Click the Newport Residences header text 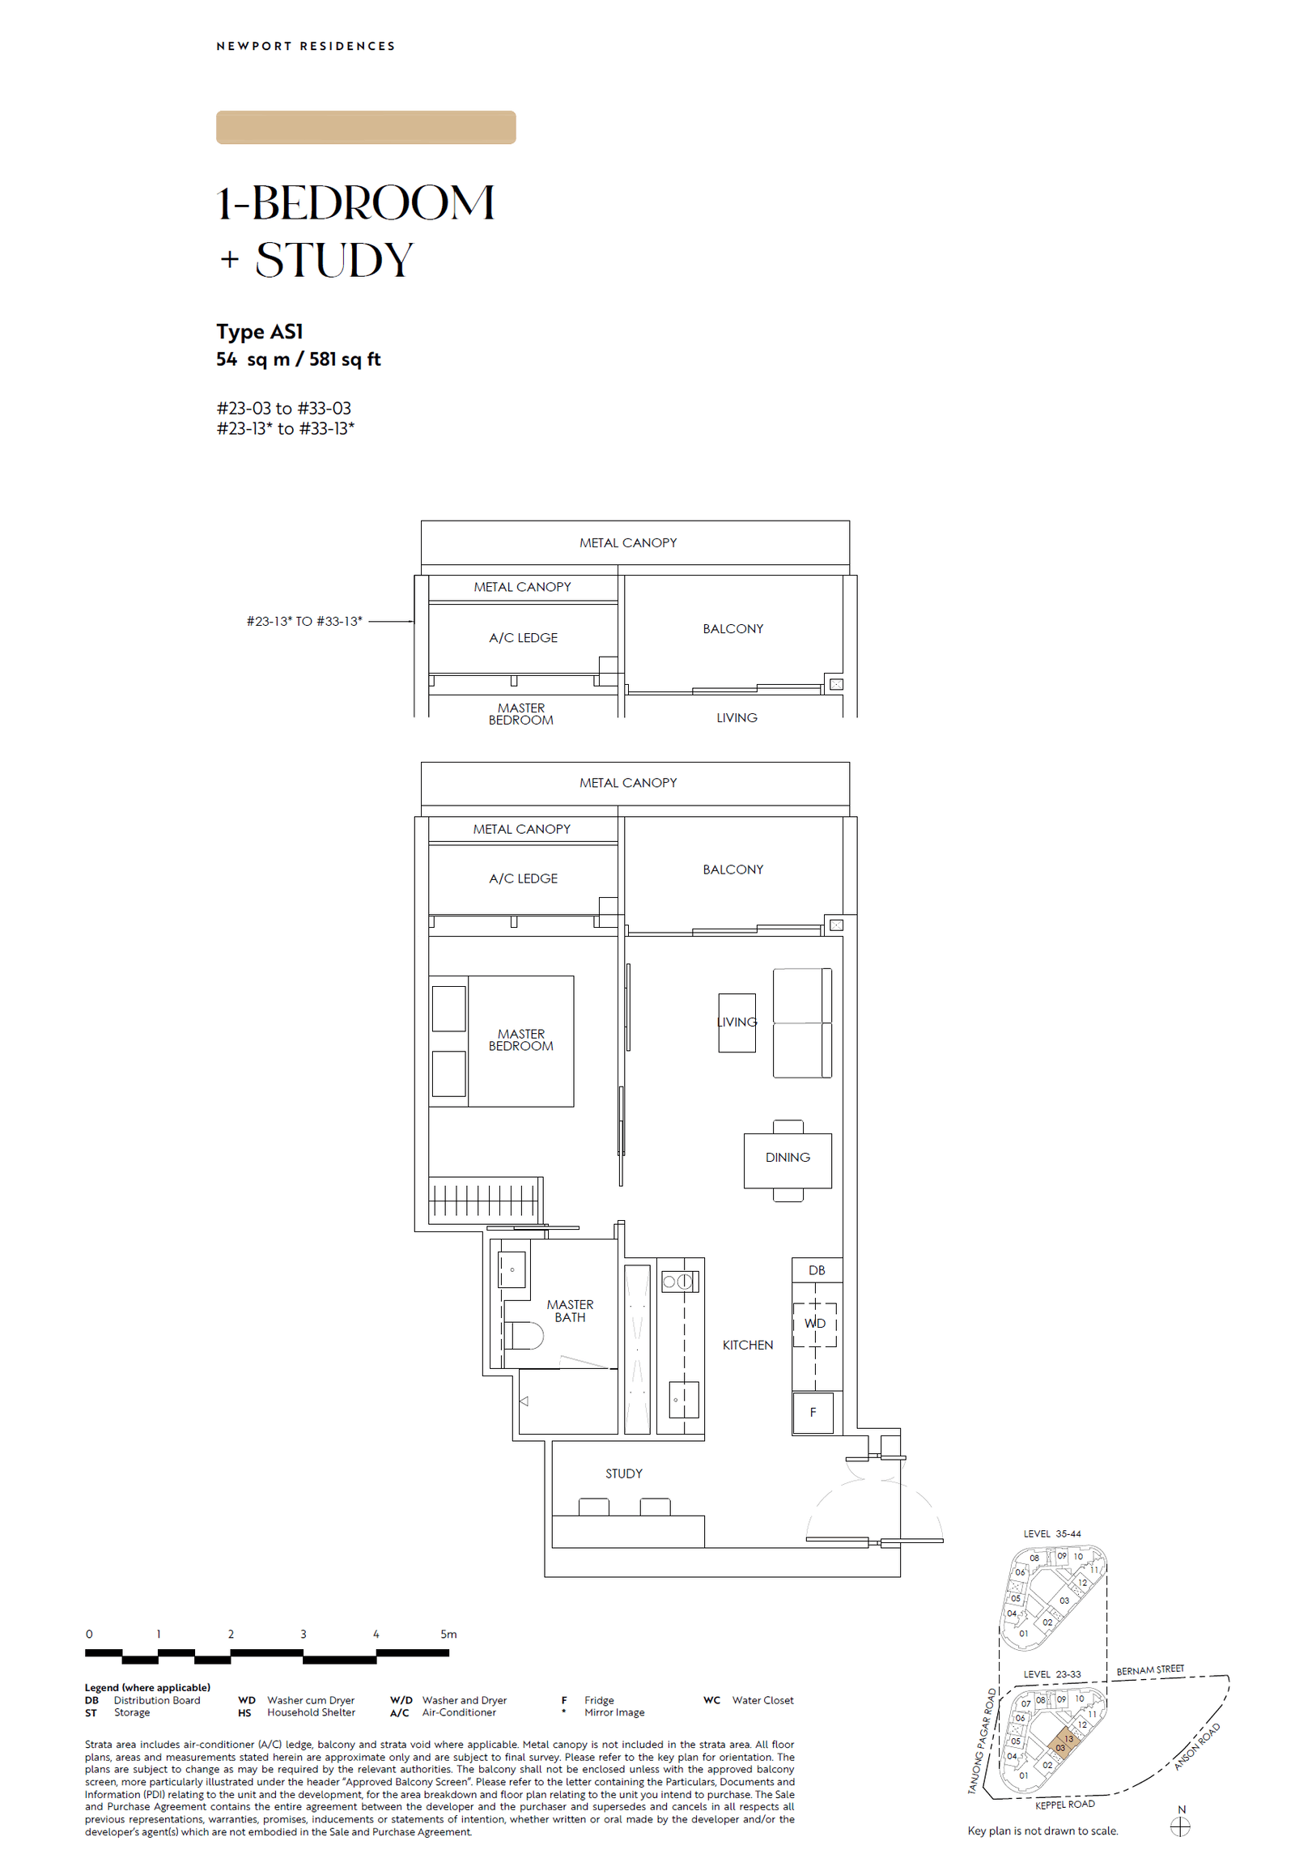pos(305,46)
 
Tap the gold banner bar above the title pos(365,127)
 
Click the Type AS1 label pos(260,331)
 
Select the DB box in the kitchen pos(817,1270)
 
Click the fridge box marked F pos(813,1413)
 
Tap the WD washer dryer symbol pos(815,1324)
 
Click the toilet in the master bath pos(523,1335)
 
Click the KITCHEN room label pos(747,1345)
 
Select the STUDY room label pos(623,1473)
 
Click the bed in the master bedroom pos(520,1040)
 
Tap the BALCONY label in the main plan pos(732,869)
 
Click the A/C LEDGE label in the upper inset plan pos(523,638)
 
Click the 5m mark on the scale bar pos(448,1634)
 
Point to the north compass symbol pos(1181,1826)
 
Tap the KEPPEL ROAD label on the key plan pos(1064,1804)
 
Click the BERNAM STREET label pos(1150,1669)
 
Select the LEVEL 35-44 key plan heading pos(1051,1533)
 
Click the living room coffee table pos(737,1023)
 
